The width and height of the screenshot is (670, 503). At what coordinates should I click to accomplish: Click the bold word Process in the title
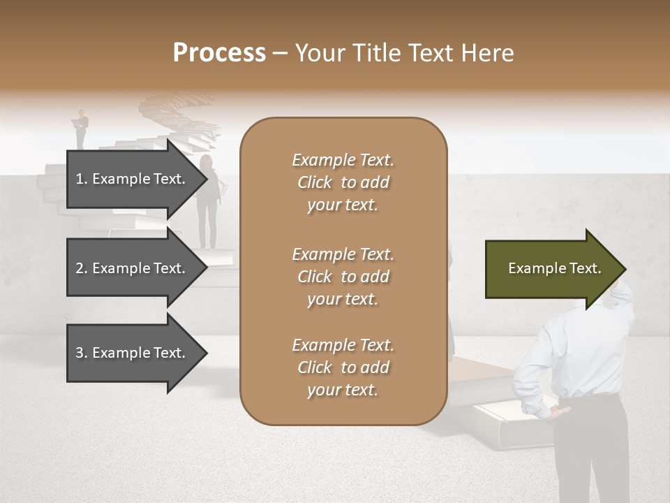pos(219,53)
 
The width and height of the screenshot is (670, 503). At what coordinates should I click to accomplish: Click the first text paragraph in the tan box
pos(343,182)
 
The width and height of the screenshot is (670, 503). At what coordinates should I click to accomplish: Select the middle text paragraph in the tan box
pos(343,277)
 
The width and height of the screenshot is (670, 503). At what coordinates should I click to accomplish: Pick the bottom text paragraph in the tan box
pos(343,367)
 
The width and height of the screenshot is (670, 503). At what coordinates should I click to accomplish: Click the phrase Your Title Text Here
pos(405,53)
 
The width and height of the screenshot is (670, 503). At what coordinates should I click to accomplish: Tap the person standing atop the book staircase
pos(82,128)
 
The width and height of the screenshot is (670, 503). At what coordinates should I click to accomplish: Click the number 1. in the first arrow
pos(81,179)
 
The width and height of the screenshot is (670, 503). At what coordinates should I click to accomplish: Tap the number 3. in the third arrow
pos(81,353)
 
